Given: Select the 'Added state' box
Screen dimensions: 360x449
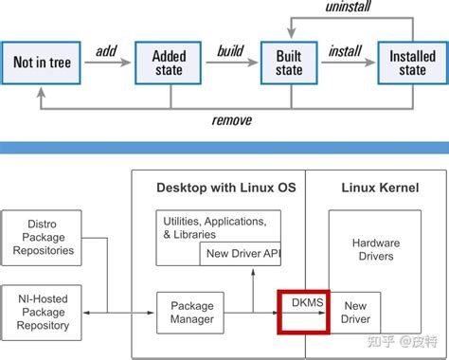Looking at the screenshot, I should click(x=169, y=63).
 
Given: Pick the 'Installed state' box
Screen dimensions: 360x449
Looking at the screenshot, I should click(x=412, y=63).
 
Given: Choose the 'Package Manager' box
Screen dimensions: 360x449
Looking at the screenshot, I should click(x=191, y=312).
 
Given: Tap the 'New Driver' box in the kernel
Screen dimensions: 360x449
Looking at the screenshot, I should click(x=355, y=312).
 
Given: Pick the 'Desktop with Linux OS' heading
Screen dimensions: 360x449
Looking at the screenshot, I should click(x=225, y=189).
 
